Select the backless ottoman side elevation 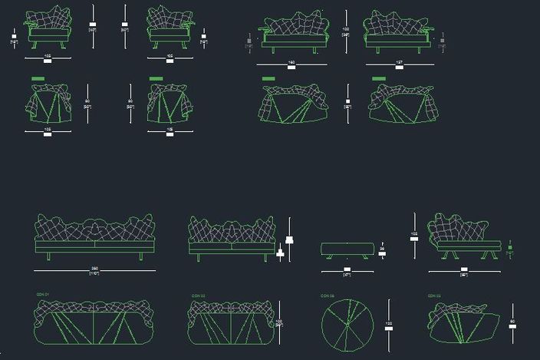[347, 249]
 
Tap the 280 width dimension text [94, 270]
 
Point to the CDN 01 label [42, 295]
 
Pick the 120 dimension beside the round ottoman [389, 325]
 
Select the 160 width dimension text [291, 62]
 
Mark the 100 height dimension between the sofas [347, 31]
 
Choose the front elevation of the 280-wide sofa [94, 238]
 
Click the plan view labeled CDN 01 [94, 323]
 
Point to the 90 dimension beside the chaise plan [512, 322]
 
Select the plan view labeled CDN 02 [232, 323]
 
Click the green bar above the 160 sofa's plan [268, 78]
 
